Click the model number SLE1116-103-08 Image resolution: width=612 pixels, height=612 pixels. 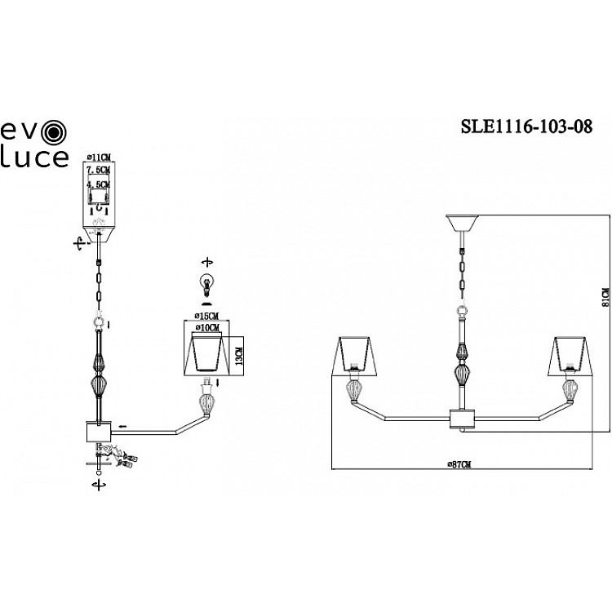coord(521,126)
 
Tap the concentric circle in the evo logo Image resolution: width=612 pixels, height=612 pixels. coord(54,131)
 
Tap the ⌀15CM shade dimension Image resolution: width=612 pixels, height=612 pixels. coord(206,316)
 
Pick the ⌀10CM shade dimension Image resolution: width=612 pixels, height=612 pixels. coord(206,327)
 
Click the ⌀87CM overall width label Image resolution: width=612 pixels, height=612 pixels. coord(459,463)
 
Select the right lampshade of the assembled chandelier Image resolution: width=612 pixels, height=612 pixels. coord(568,354)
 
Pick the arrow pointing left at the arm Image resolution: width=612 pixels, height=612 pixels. coord(122,426)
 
